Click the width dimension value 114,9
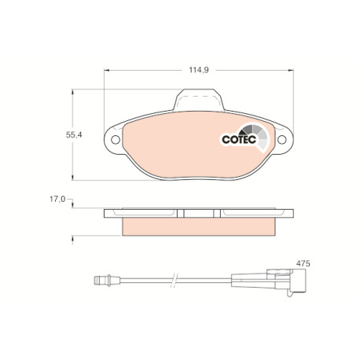(x=199, y=70)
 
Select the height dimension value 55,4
(x=74, y=135)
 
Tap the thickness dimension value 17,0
(x=57, y=199)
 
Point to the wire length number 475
(x=303, y=263)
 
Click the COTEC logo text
(x=239, y=139)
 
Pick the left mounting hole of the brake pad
(x=116, y=140)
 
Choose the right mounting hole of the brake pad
(x=282, y=140)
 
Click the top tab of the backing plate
(x=199, y=100)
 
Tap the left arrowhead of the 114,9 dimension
(x=106, y=70)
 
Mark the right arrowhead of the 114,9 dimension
(x=291, y=70)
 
